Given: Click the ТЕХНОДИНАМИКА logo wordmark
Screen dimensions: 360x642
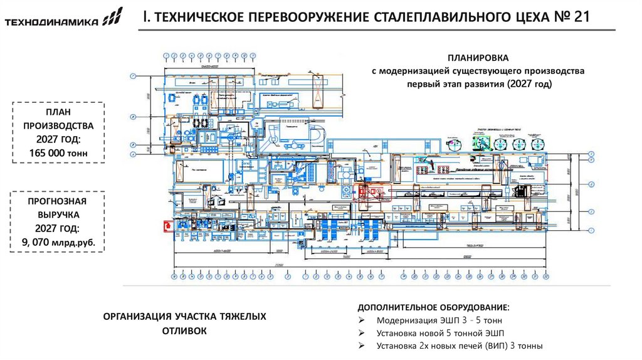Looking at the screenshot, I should (51, 23).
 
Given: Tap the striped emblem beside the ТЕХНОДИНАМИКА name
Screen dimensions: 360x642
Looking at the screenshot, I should (113, 18).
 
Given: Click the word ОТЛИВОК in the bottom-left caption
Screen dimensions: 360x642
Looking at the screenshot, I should (184, 331).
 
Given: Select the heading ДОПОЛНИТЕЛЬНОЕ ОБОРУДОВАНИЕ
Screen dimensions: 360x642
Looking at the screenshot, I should (433, 308).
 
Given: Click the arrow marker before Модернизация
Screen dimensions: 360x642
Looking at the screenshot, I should (362, 320).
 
